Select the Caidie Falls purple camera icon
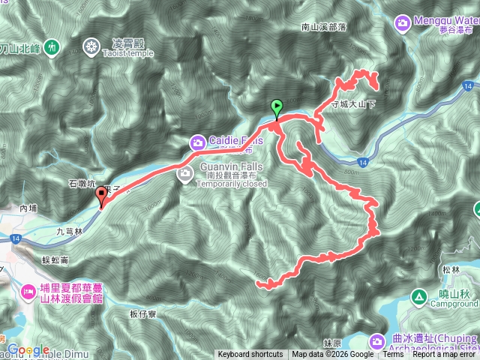click(197, 141)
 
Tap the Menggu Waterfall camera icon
click(402, 23)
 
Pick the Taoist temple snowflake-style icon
click(91, 47)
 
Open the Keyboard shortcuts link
click(250, 355)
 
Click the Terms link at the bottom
click(391, 355)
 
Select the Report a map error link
click(445, 355)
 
